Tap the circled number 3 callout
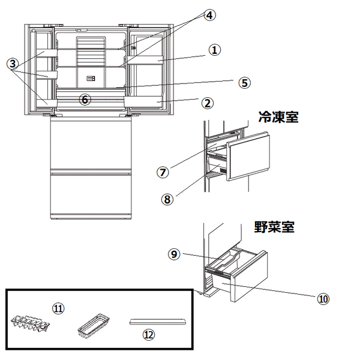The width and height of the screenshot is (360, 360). pyautogui.click(x=13, y=63)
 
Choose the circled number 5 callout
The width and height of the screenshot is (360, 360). pyautogui.click(x=244, y=83)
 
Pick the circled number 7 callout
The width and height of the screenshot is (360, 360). pyautogui.click(x=162, y=172)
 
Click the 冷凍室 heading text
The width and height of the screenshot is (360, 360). pyautogui.click(x=278, y=116)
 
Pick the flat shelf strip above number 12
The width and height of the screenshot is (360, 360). pyautogui.click(x=158, y=322)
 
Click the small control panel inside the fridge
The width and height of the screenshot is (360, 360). pyautogui.click(x=91, y=78)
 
